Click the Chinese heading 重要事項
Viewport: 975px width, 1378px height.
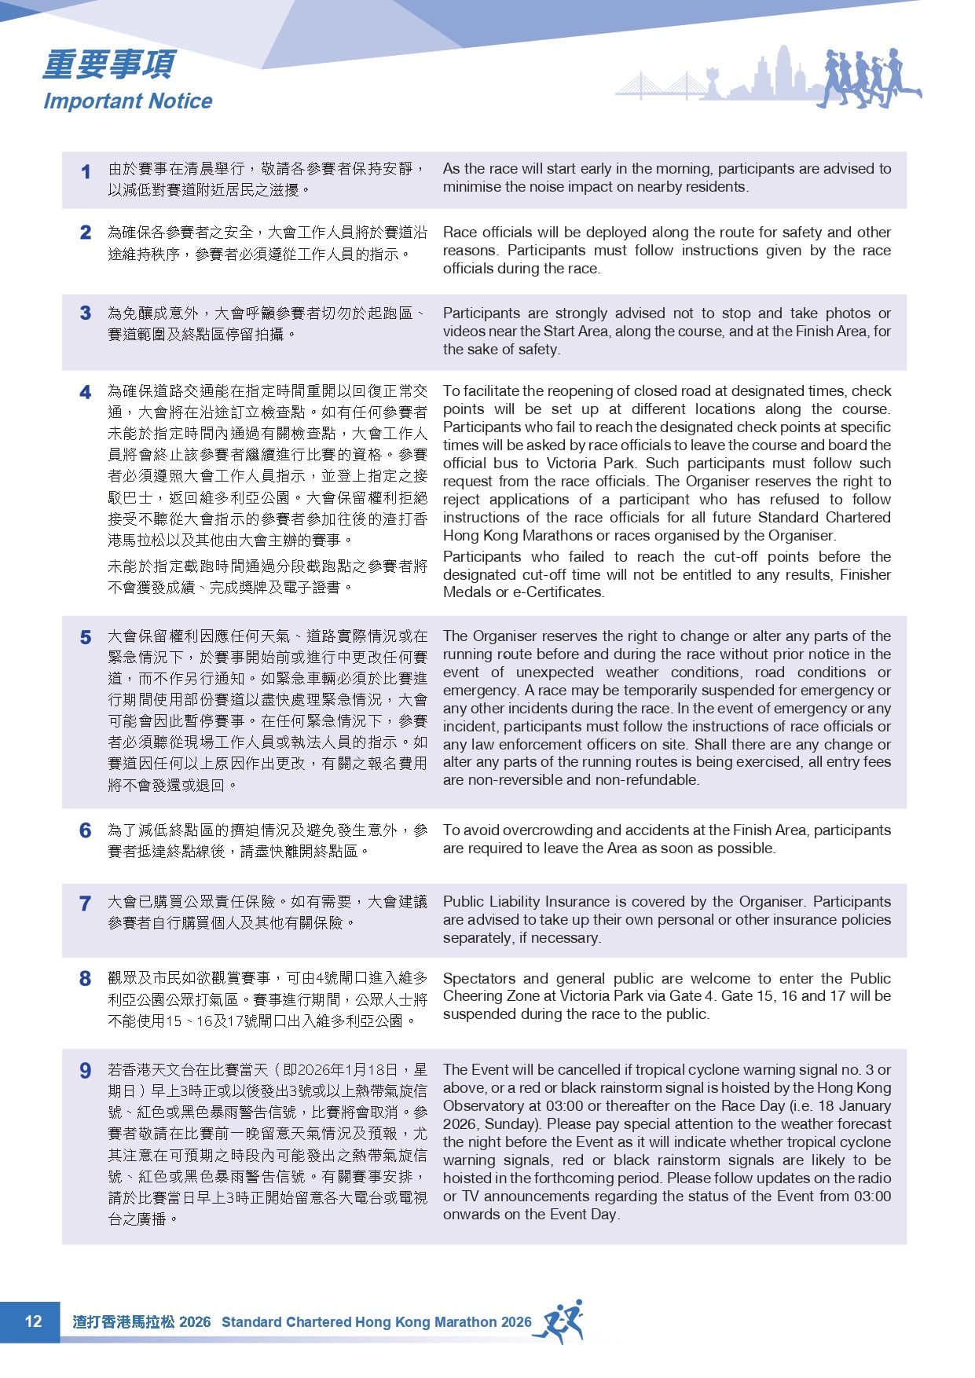tap(109, 65)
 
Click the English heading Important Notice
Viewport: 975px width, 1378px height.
tap(127, 101)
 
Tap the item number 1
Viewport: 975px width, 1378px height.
tap(86, 171)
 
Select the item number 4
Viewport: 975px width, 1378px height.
tap(86, 393)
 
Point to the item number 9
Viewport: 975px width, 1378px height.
tap(86, 1071)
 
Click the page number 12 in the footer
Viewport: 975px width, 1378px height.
tap(33, 1321)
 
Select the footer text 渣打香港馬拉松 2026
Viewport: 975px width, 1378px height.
tap(141, 1321)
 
